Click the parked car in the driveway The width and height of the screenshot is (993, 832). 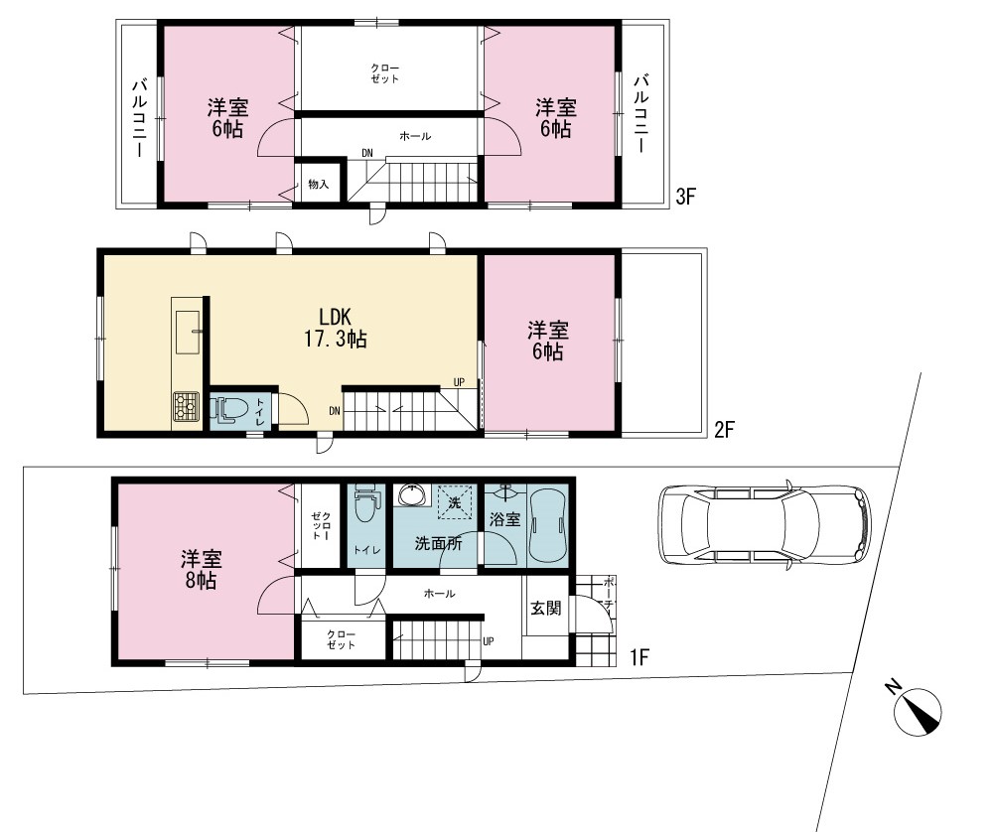coord(765,525)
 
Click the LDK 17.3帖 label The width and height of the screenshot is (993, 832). coord(335,328)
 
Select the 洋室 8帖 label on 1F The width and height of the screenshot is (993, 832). coord(202,570)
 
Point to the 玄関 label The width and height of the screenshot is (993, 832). coord(545,609)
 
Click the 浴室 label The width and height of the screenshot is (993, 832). coord(504,519)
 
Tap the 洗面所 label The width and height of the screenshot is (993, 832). coord(438,543)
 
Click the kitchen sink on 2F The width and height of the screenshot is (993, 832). coord(188,333)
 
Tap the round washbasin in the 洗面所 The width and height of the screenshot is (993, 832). coord(412,494)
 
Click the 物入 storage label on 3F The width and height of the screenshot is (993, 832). coord(319,185)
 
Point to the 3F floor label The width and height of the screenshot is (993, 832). coord(685,197)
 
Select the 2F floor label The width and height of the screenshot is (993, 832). coord(724,430)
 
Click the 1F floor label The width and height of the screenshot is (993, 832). coord(638,657)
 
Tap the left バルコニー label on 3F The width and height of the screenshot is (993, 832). coord(140,118)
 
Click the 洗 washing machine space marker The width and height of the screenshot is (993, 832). coord(454,502)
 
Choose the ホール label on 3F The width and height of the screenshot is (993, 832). coord(415,136)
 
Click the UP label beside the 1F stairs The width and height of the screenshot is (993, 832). coord(489,641)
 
